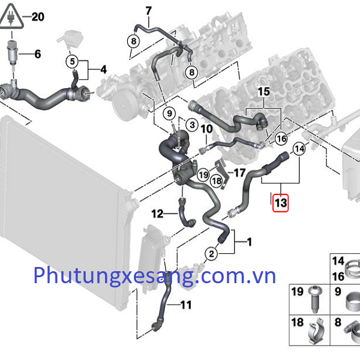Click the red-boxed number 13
(280, 203)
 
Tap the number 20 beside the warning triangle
(37, 17)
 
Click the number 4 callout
(103, 70)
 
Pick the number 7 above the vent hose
(149, 10)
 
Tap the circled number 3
(191, 124)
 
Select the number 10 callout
(205, 128)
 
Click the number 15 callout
(265, 92)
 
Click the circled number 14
(299, 148)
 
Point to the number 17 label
(240, 173)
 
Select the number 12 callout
(157, 213)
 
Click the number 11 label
(185, 305)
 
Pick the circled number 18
(217, 180)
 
